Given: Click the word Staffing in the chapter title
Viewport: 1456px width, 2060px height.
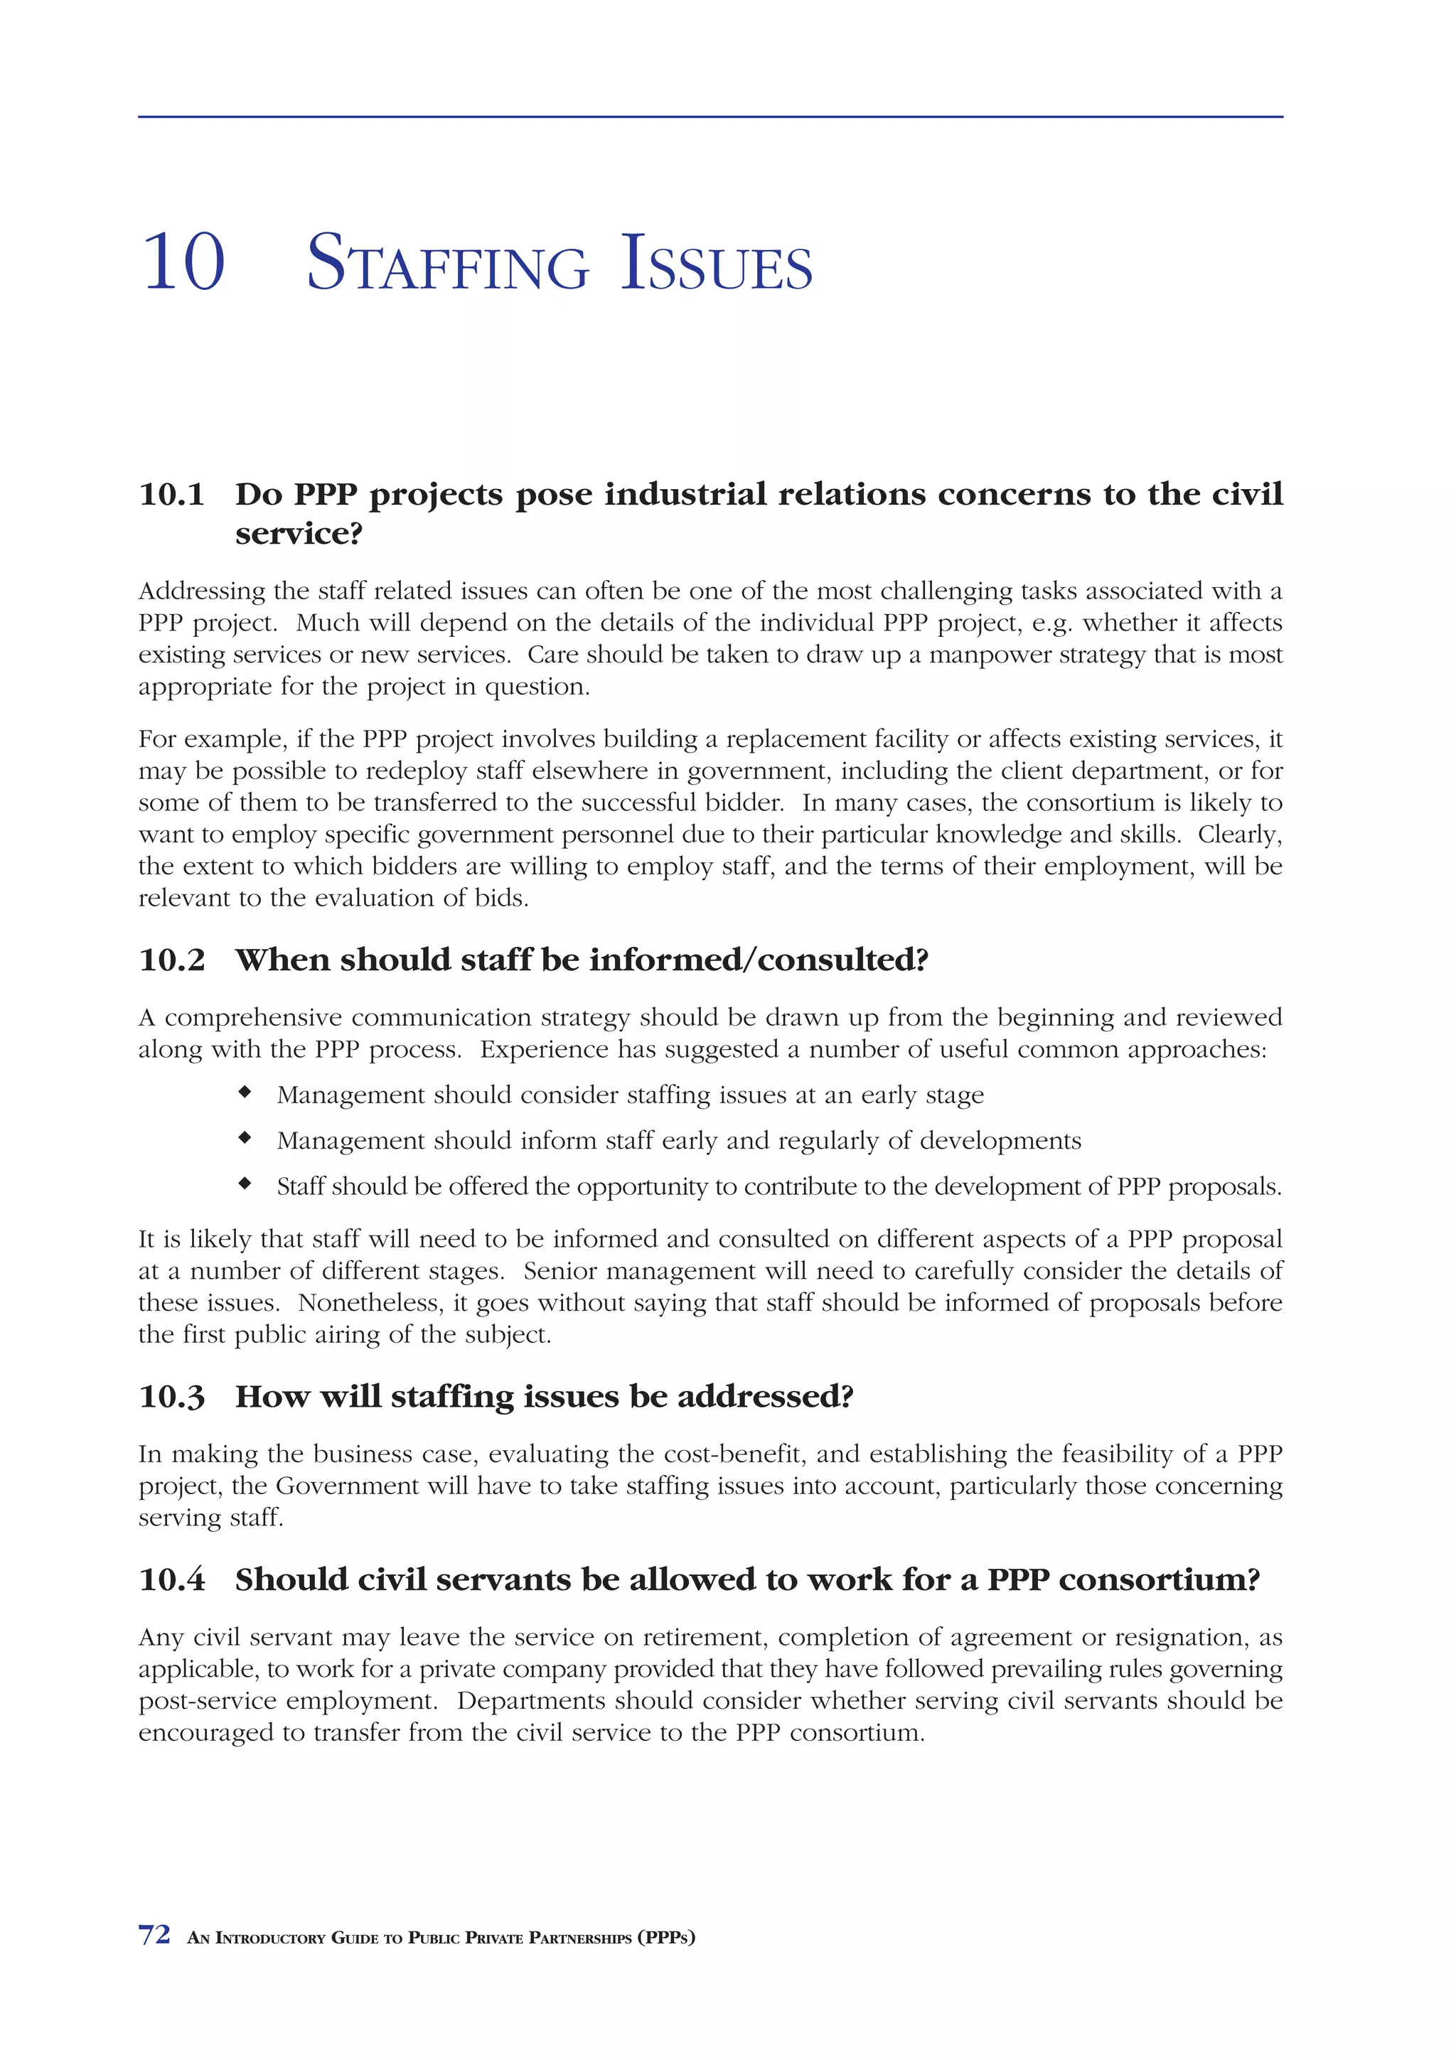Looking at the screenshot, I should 448,264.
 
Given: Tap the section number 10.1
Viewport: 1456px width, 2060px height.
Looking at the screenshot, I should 171,494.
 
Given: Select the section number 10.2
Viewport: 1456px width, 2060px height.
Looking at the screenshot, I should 171,960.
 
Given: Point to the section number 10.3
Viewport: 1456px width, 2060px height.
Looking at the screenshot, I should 171,1397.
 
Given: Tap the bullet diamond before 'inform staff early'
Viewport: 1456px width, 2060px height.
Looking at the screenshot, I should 244,1139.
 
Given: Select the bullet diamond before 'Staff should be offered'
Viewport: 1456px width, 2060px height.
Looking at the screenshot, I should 244,1184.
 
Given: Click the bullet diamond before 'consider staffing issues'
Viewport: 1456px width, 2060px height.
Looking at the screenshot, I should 244,1093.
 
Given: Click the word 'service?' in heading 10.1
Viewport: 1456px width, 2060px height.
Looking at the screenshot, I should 299,534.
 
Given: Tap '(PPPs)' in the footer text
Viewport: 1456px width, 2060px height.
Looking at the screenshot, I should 667,1937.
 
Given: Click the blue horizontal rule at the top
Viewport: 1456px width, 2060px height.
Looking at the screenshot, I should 710,117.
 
